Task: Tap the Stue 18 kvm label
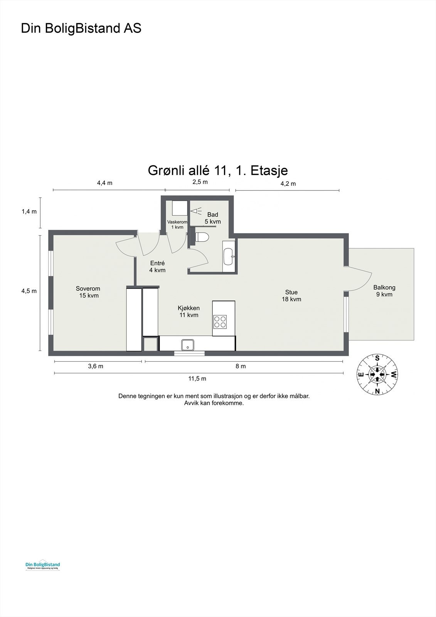(x=291, y=296)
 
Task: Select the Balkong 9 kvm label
(x=384, y=291)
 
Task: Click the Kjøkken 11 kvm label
(x=189, y=312)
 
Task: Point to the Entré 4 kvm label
(x=157, y=266)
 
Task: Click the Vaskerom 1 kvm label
(x=177, y=224)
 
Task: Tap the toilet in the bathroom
(x=201, y=238)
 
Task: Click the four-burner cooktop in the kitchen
(x=221, y=322)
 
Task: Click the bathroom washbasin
(x=229, y=253)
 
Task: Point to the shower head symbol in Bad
(x=195, y=211)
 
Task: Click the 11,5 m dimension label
(x=197, y=379)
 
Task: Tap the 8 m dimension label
(x=241, y=366)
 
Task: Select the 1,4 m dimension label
(x=29, y=211)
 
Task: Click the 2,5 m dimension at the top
(x=200, y=182)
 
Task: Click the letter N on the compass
(x=377, y=391)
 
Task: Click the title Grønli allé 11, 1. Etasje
(x=218, y=170)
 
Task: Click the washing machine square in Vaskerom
(x=180, y=208)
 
